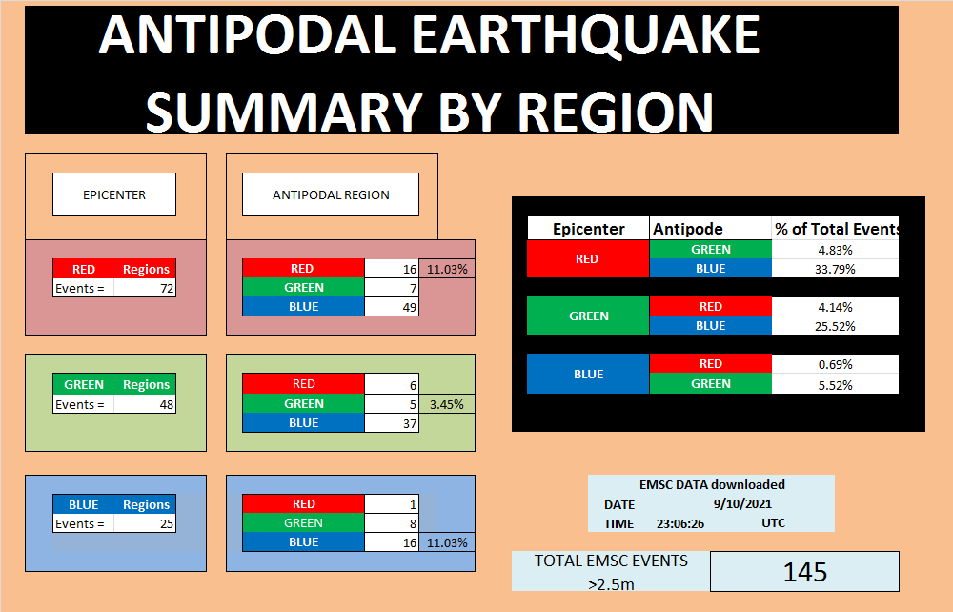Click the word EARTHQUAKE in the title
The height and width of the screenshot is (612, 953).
coord(586,35)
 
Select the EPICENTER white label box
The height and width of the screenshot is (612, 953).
coord(114,194)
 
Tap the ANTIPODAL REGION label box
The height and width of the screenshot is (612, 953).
coord(331,194)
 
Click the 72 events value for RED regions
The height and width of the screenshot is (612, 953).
coord(145,288)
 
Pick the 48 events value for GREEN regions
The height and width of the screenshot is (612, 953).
coord(145,404)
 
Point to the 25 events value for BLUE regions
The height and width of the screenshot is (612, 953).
coord(145,523)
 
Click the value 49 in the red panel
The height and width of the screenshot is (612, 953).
coord(392,307)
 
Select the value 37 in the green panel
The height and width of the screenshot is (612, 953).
coord(392,423)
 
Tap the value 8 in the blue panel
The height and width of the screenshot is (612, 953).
coord(392,522)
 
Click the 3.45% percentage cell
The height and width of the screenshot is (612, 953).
coord(447,404)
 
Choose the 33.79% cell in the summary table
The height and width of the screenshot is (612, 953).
coord(835,269)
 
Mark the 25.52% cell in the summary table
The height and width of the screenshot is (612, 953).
coord(835,326)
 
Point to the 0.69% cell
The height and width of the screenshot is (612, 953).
coord(835,364)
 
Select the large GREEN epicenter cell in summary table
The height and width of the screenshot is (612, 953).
coord(588,316)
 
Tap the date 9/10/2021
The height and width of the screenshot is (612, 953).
coord(742,504)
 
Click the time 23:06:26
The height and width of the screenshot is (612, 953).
coord(680,523)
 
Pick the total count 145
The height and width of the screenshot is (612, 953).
coord(804,571)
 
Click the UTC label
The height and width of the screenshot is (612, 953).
coord(773,522)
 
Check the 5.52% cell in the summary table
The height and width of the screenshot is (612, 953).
coord(835,384)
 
